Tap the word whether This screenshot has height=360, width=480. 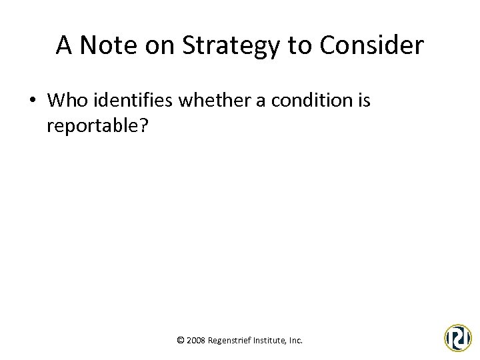[x=205, y=100]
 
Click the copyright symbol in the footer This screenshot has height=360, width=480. [x=180, y=340]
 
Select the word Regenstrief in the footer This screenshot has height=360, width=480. [x=230, y=340]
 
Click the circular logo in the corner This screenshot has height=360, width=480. [x=458, y=337]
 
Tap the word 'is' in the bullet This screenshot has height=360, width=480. [x=363, y=100]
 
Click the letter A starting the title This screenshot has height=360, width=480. [x=64, y=45]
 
